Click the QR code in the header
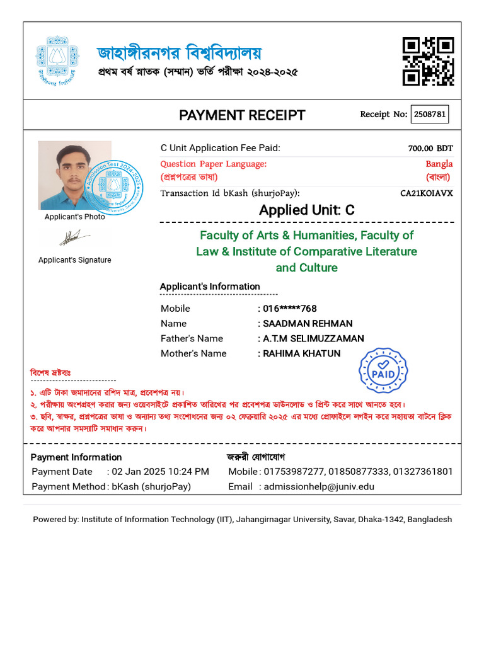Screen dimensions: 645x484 click(x=429, y=61)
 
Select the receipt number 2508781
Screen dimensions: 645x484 click(x=430, y=115)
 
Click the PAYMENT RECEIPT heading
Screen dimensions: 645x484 click(x=242, y=115)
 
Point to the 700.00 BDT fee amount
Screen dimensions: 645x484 click(x=430, y=149)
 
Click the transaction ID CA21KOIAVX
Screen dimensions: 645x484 click(x=427, y=193)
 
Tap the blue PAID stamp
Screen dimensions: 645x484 click(x=383, y=371)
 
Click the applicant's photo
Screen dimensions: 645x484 click(x=74, y=175)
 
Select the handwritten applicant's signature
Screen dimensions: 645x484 click(x=74, y=238)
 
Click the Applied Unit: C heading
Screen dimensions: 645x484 click(x=307, y=210)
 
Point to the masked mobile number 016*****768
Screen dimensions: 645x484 click(x=289, y=309)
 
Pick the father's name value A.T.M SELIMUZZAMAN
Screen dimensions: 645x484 click(x=312, y=339)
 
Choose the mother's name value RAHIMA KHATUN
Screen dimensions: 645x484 click(x=301, y=354)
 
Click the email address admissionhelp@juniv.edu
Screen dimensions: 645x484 click(x=319, y=486)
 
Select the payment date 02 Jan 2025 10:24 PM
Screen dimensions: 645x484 click(x=161, y=472)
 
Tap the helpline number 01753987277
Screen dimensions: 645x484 click(x=292, y=472)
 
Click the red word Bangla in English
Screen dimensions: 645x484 click(x=439, y=164)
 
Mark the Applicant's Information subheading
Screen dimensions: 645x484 click(x=210, y=287)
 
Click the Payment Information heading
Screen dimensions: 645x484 click(x=76, y=457)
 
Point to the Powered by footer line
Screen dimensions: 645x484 click(x=242, y=520)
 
